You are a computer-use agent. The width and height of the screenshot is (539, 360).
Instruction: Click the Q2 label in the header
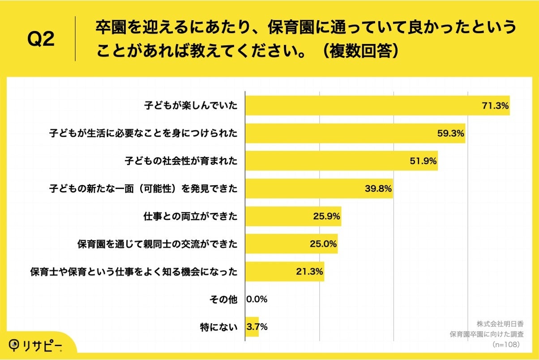[41, 40]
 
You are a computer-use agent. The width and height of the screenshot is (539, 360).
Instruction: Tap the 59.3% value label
[450, 133]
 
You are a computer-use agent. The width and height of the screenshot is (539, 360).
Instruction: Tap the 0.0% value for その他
[257, 300]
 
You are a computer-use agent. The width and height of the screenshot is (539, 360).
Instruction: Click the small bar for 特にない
[252, 327]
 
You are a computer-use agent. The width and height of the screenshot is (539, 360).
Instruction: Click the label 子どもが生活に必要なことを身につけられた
[143, 133]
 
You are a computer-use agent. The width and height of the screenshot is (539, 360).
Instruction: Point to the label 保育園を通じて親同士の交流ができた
[157, 244]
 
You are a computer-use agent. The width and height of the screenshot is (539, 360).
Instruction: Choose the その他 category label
[223, 300]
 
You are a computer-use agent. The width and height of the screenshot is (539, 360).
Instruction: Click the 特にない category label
[218, 327]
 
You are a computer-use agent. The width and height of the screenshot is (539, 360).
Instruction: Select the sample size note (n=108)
[505, 344]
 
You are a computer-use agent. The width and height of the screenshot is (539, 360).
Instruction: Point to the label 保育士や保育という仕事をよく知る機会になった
[133, 272]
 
